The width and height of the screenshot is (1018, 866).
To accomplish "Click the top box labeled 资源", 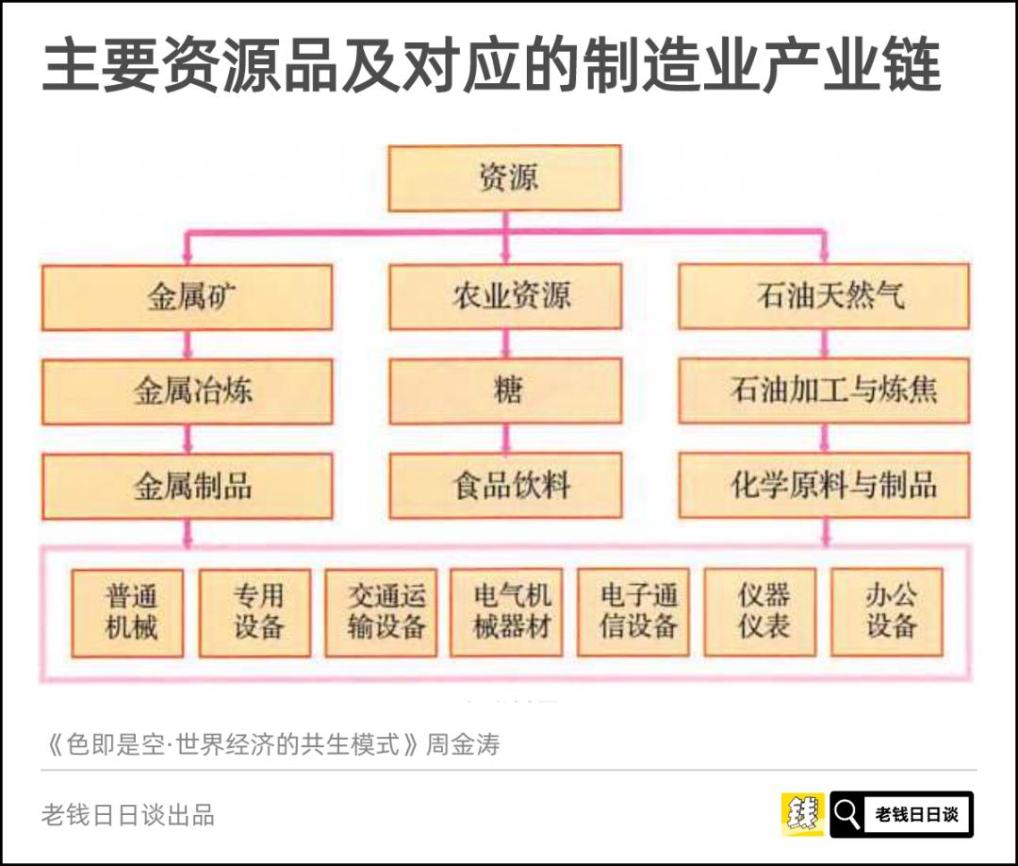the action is (504, 177).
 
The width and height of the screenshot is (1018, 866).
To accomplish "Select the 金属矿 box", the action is (187, 297).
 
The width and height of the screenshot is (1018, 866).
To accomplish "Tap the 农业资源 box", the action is (505, 297).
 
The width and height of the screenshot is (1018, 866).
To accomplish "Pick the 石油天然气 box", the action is (823, 297).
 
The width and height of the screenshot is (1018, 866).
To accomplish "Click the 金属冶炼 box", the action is (187, 391).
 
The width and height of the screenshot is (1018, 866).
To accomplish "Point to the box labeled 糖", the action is (505, 391).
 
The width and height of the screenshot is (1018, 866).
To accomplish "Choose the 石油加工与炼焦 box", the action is (823, 391).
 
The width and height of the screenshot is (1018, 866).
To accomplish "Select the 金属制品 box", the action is (187, 486).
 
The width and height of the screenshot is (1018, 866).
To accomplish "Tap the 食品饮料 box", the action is (505, 486).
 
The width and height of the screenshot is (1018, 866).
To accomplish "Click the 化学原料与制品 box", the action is (823, 486).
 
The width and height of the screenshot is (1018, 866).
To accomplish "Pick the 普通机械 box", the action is (128, 612).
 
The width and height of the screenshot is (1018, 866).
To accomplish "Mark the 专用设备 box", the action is (254, 612).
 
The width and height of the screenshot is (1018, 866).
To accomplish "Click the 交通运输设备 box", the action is (381, 612).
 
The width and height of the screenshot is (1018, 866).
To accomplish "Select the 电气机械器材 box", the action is (506, 612).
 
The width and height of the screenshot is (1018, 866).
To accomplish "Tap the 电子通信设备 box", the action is (632, 612).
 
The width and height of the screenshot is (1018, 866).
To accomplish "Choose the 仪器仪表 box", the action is (760, 612).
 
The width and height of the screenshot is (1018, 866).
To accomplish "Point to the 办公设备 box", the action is (886, 612).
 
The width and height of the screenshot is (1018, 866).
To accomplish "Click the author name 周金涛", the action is (463, 745).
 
